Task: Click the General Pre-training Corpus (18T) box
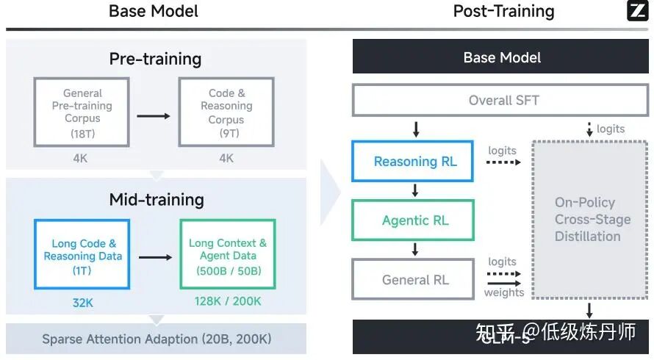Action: click(82, 112)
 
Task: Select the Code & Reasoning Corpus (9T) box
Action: click(226, 112)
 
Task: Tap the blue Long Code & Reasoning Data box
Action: click(82, 256)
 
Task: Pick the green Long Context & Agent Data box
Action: click(228, 256)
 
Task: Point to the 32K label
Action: click(82, 301)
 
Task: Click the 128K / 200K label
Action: click(228, 301)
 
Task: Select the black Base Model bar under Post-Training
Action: click(501, 58)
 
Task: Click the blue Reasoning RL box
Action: click(415, 162)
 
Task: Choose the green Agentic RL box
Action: click(415, 220)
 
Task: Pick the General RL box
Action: click(415, 280)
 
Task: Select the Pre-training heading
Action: click(155, 59)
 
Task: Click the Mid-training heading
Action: click(156, 199)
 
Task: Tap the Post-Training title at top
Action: click(503, 11)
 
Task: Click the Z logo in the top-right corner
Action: click(636, 10)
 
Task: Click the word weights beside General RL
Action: click(503, 292)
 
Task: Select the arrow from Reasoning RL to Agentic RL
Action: click(415, 190)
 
